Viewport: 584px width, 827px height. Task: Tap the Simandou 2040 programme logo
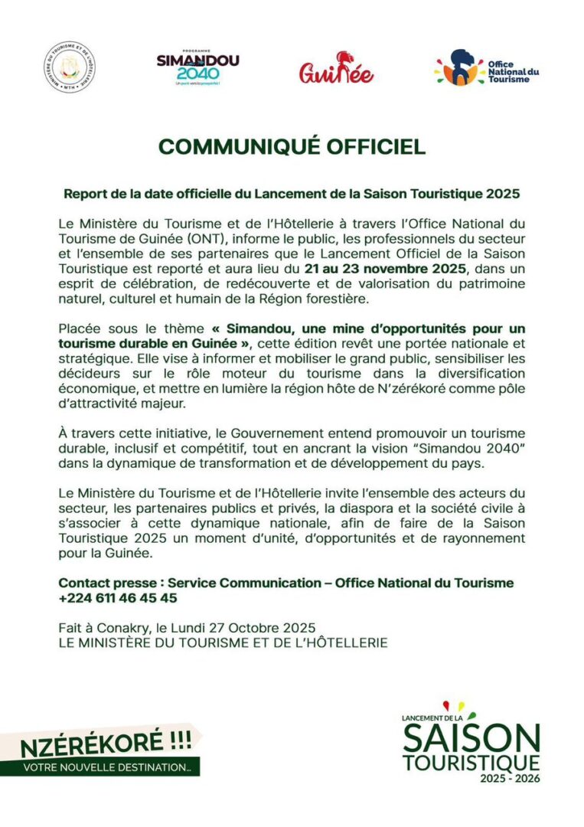197,67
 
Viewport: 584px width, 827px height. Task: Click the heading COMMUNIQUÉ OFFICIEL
292,146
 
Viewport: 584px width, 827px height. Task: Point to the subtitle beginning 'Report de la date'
292,194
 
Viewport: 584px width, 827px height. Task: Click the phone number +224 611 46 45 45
117,597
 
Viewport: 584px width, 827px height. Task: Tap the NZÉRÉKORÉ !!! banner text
105,743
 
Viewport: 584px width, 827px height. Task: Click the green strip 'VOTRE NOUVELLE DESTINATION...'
106,767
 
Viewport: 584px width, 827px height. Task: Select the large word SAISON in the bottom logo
471,739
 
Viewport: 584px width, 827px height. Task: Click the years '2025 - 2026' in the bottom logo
510,779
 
